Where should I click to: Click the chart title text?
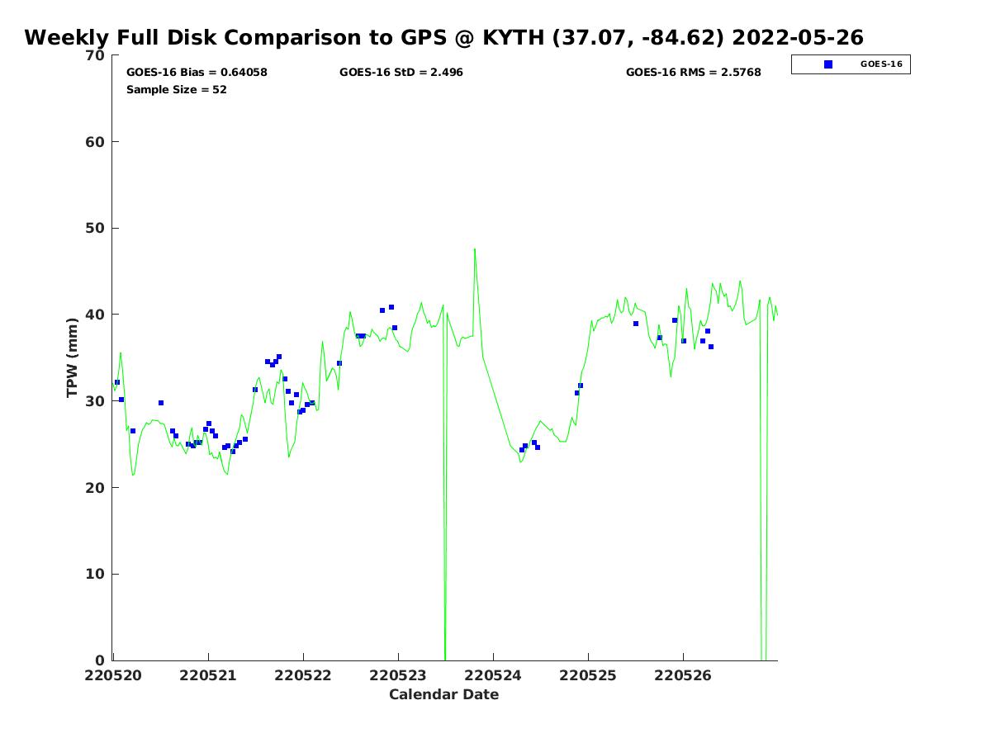point(443,38)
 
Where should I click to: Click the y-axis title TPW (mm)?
point(73,357)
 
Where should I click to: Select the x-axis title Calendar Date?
point(443,694)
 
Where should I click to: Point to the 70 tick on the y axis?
point(97,56)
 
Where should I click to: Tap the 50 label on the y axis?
point(97,229)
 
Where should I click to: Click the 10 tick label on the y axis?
point(97,575)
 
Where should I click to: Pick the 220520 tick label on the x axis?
point(112,675)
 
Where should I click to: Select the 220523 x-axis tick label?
point(397,675)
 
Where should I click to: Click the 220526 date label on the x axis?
point(682,675)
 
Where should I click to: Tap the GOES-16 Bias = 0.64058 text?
point(197,73)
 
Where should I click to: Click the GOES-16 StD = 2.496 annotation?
point(401,73)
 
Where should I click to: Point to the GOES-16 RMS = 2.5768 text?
point(693,73)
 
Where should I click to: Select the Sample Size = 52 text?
point(176,90)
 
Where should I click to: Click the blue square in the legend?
point(828,64)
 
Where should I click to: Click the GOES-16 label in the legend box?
point(880,64)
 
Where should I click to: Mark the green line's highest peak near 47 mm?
point(474,248)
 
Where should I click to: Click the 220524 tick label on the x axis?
point(492,675)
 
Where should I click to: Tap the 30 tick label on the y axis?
point(97,401)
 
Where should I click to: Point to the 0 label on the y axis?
point(101,660)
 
